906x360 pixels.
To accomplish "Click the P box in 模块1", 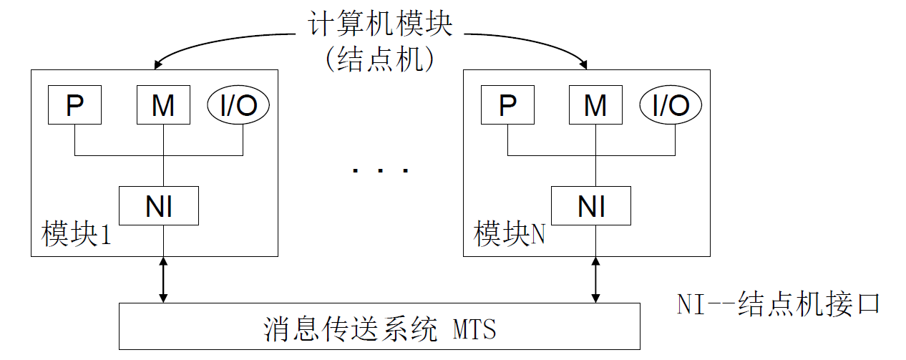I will (74, 106).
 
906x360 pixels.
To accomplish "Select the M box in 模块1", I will (163, 106).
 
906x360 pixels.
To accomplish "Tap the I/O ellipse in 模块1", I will (238, 106).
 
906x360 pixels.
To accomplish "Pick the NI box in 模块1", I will (159, 206).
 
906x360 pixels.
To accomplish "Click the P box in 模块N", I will (507, 106).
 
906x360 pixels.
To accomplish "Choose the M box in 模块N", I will (595, 106).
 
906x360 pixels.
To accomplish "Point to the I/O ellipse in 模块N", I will (671, 106).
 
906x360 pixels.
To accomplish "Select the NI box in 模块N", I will (591, 206).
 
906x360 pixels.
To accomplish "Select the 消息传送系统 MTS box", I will (379, 326).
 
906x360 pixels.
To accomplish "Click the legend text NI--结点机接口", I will (778, 303).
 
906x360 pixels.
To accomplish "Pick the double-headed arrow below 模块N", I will (595, 280).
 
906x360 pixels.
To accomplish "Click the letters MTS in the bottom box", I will (474, 331).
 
